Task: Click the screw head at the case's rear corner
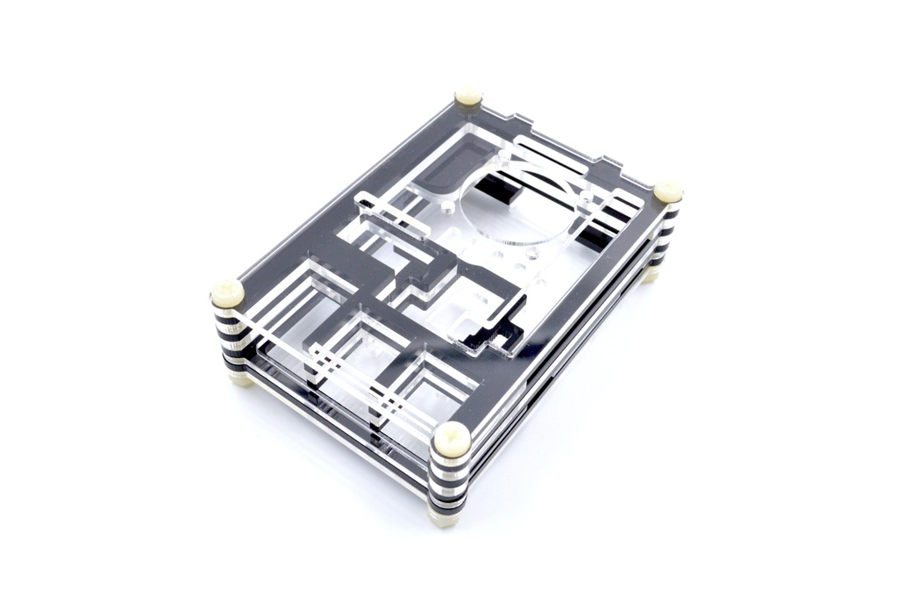point(468,96)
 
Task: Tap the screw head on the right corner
point(668,191)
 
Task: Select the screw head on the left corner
point(228,292)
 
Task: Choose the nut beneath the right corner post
point(650,274)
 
